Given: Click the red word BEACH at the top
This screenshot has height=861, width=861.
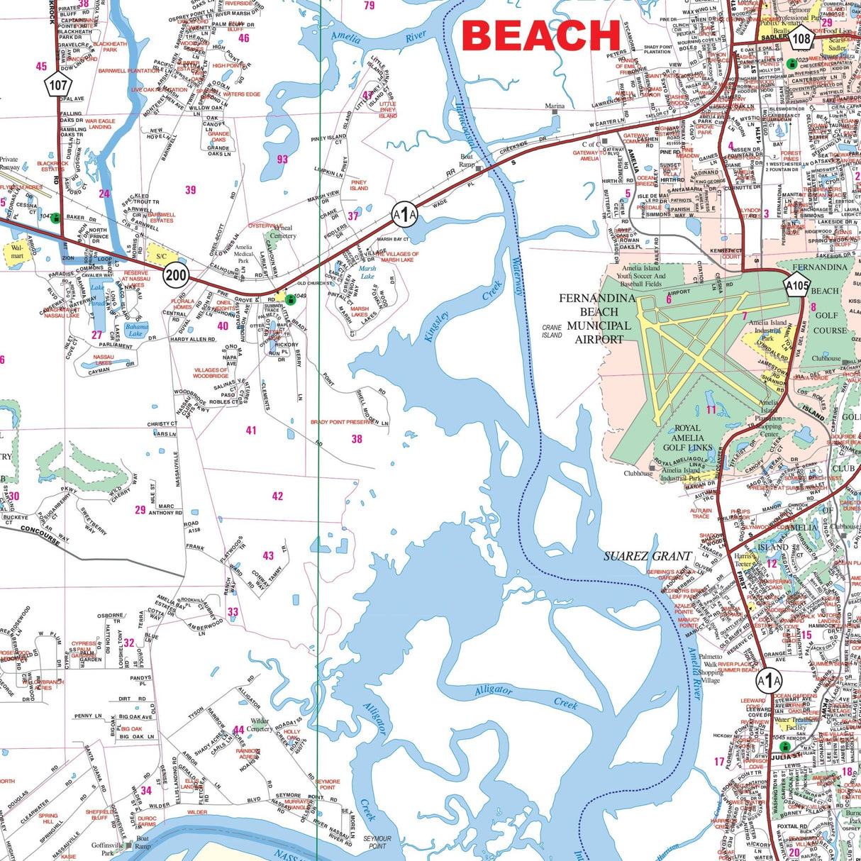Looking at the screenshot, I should click(541, 35).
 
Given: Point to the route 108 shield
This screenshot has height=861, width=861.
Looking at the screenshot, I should click(801, 40).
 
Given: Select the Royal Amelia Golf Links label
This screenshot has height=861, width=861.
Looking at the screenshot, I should click(688, 438).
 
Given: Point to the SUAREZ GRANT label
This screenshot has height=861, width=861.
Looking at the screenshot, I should click(648, 556).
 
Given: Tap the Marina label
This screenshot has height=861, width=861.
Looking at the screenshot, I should click(555, 106).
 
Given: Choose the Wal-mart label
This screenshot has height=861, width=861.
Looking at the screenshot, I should click(16, 251).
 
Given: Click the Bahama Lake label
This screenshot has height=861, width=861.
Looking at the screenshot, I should click(135, 330).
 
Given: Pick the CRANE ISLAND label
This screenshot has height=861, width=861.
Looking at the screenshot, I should click(551, 331).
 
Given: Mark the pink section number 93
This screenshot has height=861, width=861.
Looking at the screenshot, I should click(282, 160).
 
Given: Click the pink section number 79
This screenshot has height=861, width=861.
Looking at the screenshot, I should click(369, 6).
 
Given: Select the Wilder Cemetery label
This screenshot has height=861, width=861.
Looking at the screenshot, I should click(260, 725).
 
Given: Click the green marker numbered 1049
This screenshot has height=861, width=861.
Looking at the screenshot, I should click(290, 298).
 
